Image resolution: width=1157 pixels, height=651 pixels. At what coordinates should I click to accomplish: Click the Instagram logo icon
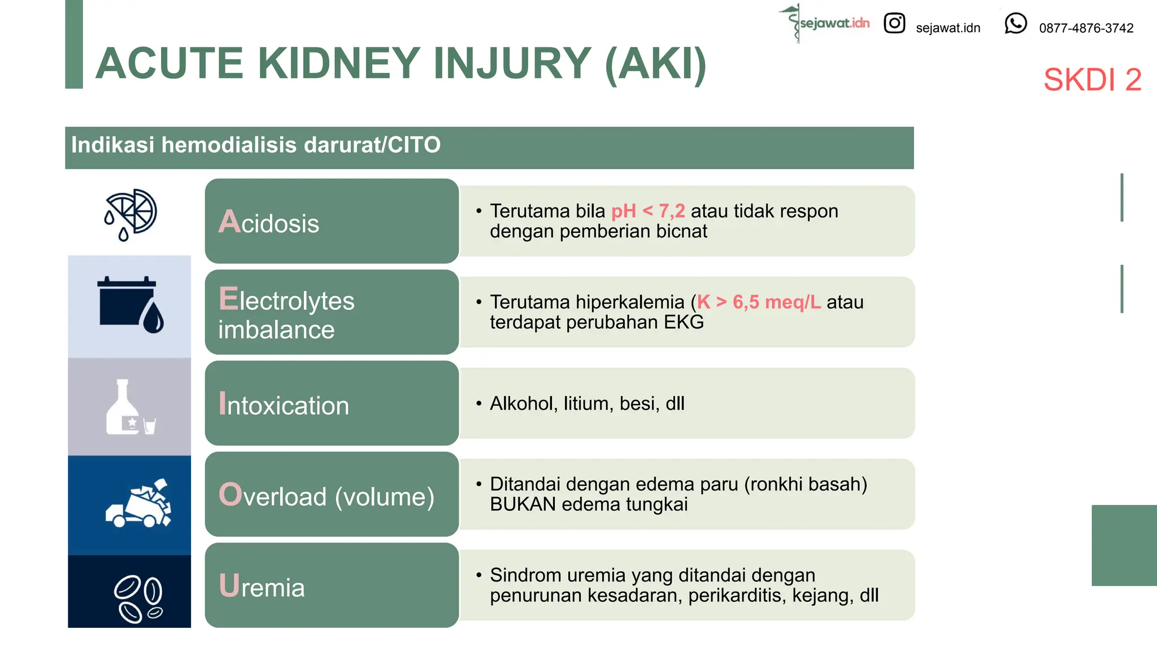[894, 23]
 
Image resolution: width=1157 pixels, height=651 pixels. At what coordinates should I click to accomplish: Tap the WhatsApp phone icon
[1015, 24]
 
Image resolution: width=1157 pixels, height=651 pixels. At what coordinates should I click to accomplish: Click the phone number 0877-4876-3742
[1086, 28]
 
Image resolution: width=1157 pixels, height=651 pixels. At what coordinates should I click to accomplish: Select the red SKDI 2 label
[1091, 80]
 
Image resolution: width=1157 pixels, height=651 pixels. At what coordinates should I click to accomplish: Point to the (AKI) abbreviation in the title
[655, 63]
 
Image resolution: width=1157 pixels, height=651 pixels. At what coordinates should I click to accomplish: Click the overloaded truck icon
[138, 503]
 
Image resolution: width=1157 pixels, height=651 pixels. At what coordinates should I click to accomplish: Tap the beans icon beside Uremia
[137, 598]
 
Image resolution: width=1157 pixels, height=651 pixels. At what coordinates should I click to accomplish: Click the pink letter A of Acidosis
[229, 222]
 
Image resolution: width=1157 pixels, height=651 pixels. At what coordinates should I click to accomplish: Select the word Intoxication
[284, 405]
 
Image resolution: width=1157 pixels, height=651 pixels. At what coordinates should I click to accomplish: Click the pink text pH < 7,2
[648, 211]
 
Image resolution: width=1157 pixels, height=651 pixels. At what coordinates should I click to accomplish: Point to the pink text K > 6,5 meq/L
[758, 302]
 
